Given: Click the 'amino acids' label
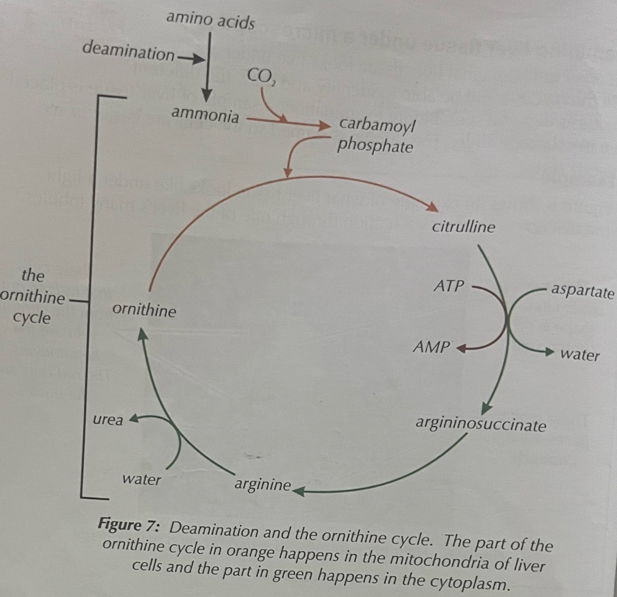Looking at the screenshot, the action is tap(210, 20).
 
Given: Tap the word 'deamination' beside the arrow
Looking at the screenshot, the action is tap(129, 51).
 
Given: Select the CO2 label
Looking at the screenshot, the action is tap(260, 76).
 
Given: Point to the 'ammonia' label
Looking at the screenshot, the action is tap(205, 114).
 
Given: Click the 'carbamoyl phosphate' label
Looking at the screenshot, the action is tap(376, 135).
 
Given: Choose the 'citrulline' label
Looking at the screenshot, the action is tap(463, 227).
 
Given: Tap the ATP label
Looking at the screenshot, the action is tap(448, 286).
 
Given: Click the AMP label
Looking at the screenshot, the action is tap(432, 347).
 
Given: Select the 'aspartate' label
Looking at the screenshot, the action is tap(582, 291).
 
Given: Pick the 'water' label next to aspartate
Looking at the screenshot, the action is tap(580, 355).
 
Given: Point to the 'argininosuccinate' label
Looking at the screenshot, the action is tap(481, 424).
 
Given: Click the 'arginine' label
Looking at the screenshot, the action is tap(263, 485).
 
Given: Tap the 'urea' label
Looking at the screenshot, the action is tap(108, 420).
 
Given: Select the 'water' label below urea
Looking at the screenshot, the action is tap(142, 480).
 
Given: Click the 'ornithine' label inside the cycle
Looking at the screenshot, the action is tap(144, 310).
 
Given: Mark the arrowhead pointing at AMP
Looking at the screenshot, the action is tap(461, 348).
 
